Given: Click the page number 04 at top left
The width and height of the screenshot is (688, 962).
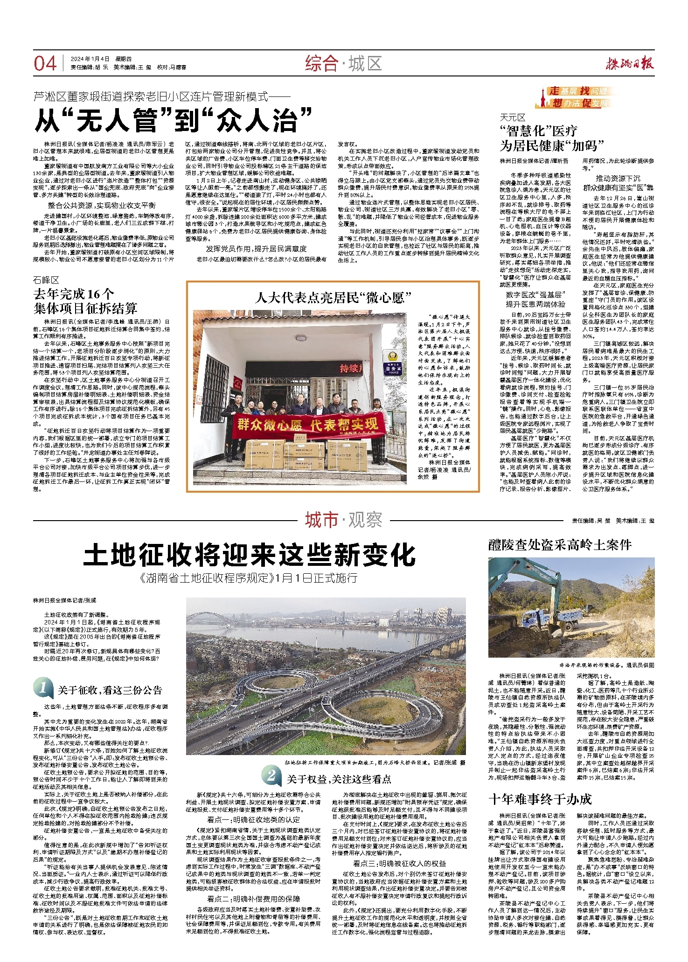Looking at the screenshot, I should point(45,63).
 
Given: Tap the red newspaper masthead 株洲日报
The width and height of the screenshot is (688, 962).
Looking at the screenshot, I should point(630,63).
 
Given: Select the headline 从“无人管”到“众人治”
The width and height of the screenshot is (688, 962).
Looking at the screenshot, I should point(173,120).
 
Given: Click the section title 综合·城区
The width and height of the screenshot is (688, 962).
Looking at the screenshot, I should point(343,63).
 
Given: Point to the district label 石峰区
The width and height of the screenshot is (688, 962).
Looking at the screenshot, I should point(46,280).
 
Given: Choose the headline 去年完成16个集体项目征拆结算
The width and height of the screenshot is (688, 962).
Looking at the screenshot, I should point(85,301).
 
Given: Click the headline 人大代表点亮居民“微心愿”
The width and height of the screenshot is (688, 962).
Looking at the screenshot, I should point(333,297).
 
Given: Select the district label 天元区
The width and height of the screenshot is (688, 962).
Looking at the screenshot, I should point(513,117).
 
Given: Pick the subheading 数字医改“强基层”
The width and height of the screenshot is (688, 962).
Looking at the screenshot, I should point(535,295).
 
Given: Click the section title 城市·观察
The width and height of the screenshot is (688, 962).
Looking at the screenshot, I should point(343,520).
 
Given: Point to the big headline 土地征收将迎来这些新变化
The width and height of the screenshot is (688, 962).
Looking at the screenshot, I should point(250,555).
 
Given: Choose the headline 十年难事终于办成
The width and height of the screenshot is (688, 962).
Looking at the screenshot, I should point(540,799).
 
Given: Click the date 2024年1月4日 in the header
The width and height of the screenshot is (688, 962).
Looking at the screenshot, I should point(90,59).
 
